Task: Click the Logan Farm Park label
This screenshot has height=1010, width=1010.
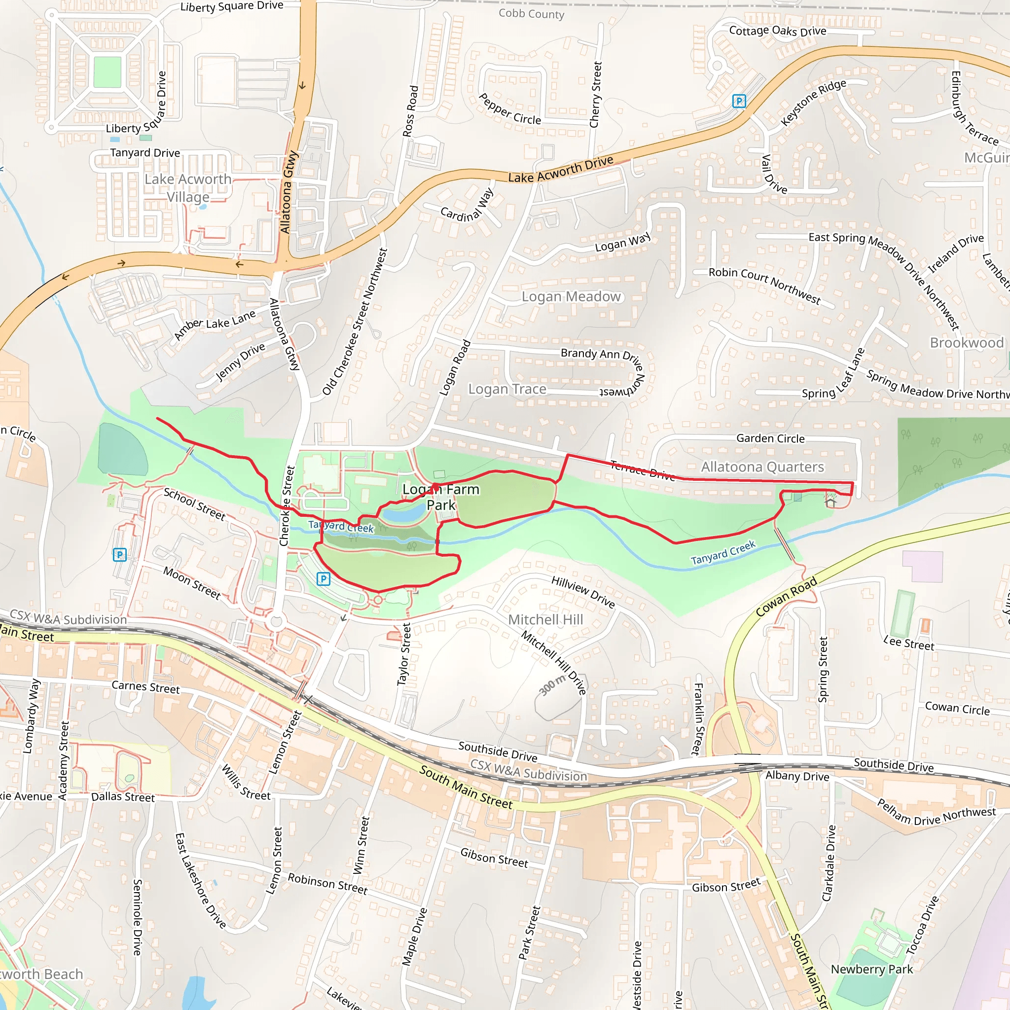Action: coord(441,497)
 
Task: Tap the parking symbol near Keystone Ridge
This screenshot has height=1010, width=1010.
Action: coord(739,101)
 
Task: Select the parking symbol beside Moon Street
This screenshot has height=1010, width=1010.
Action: coord(120,555)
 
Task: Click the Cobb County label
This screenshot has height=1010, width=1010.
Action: coord(531,14)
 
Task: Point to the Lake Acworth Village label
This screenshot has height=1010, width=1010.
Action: coord(188,188)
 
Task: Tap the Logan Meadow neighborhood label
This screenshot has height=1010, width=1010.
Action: coord(571,296)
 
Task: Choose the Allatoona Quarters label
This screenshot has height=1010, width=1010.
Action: coord(762,467)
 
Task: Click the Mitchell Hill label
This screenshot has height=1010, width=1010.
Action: coord(545,619)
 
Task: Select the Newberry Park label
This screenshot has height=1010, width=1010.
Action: coord(871,969)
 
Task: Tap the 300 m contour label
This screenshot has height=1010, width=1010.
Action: coord(552,685)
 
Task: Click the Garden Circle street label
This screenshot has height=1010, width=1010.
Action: coord(770,438)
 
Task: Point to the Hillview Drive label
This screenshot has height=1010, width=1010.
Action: coord(583,591)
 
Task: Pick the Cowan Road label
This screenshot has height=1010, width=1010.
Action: coord(786,597)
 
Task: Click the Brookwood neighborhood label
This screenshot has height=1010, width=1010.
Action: coord(967,342)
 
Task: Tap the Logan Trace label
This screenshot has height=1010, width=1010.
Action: coord(507,389)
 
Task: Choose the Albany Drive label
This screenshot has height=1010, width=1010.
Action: coord(797,776)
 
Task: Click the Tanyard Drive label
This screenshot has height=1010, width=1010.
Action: coord(145,153)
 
